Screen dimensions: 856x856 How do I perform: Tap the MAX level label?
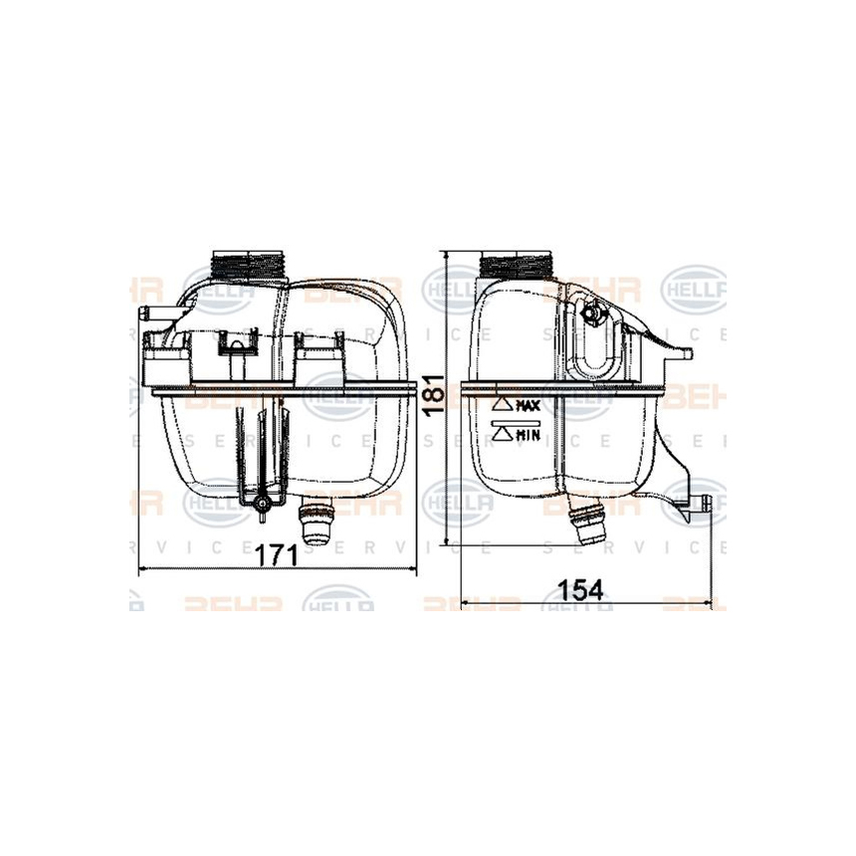(x=528, y=406)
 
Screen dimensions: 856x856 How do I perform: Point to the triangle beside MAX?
(x=502, y=406)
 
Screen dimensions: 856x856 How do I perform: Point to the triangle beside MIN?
(x=502, y=433)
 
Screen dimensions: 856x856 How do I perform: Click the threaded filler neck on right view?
(x=515, y=267)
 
